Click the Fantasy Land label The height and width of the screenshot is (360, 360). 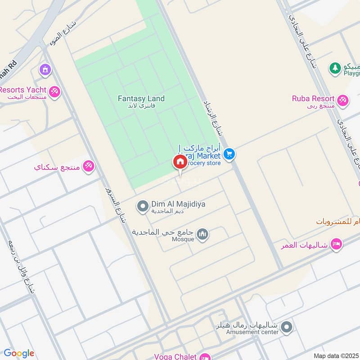(141, 99)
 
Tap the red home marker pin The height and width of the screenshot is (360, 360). (180, 162)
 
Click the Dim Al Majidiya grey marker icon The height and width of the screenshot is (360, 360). (143, 207)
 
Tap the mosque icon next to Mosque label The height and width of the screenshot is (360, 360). (203, 234)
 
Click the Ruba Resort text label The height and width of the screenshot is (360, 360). (313, 99)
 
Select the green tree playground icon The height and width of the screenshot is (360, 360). (335, 68)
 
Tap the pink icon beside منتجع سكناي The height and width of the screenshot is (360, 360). (88, 166)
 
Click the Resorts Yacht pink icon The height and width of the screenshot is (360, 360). (55, 91)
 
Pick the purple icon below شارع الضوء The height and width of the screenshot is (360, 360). (45, 70)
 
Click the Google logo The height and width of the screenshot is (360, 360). (19, 353)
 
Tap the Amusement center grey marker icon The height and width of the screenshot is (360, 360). (287, 327)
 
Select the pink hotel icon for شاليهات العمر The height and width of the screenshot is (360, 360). (336, 245)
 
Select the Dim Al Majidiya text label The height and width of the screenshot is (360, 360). (178, 204)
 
